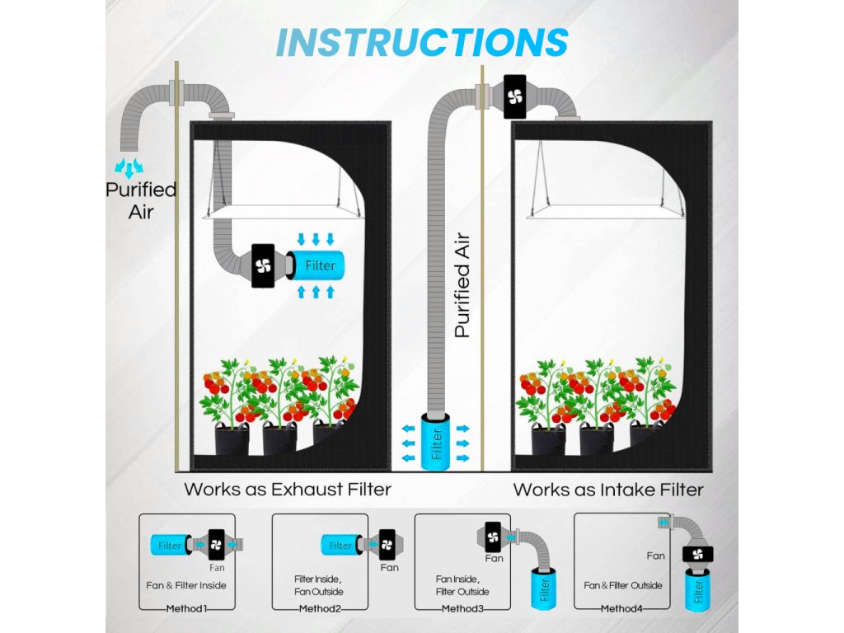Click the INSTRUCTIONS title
click(x=421, y=42)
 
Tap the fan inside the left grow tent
click(x=263, y=265)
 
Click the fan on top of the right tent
click(x=515, y=97)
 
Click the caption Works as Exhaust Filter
click(x=287, y=489)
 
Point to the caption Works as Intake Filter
click(x=608, y=490)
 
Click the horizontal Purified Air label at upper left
click(x=141, y=199)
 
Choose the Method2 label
click(x=321, y=609)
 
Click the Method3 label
click(x=463, y=609)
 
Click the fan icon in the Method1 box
click(x=216, y=545)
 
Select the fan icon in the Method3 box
click(x=494, y=537)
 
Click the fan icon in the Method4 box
click(x=697, y=554)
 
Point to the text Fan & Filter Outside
click(x=622, y=585)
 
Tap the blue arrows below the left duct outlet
click(x=129, y=168)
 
